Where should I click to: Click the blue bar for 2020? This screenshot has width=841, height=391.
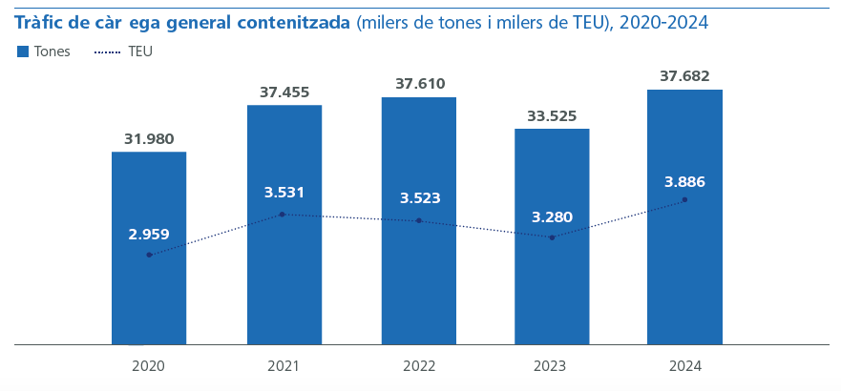click(x=149, y=286)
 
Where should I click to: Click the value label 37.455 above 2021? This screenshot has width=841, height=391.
click(x=284, y=93)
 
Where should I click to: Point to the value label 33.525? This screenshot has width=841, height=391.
click(x=552, y=116)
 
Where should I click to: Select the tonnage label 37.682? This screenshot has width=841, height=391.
click(x=684, y=76)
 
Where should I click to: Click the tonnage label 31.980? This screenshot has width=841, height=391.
click(x=149, y=139)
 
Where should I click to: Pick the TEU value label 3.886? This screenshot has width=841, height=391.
click(x=684, y=182)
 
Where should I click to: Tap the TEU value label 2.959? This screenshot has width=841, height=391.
click(x=149, y=233)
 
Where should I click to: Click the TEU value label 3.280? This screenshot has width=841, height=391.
click(x=552, y=216)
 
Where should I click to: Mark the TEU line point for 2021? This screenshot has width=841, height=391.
click(x=284, y=215)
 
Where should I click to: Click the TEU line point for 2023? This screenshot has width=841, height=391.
click(x=552, y=237)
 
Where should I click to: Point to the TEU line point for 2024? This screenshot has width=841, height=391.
click(x=684, y=200)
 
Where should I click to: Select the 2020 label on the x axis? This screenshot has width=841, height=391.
click(x=149, y=366)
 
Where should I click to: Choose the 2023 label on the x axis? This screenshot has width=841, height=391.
click(x=552, y=366)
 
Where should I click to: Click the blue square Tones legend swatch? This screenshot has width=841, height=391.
click(x=23, y=51)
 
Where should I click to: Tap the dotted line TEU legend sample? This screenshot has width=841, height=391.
click(x=108, y=51)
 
